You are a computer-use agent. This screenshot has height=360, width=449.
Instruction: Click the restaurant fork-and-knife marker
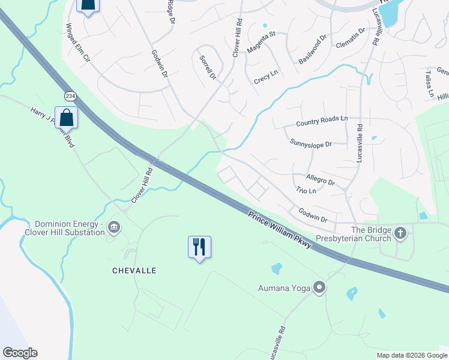click(199, 247)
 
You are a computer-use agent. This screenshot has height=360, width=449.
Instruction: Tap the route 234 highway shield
click(71, 96)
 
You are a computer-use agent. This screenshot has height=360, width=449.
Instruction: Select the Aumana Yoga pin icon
click(319, 288)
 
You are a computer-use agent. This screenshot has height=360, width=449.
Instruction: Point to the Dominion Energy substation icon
click(114, 227)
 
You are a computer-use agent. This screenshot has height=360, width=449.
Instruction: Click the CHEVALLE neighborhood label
click(134, 271)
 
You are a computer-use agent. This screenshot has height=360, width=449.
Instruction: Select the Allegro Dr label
click(320, 180)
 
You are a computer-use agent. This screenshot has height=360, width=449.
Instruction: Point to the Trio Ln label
click(306, 191)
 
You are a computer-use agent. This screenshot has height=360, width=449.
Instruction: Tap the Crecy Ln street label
click(266, 76)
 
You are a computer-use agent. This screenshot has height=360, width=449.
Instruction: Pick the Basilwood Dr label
click(312, 49)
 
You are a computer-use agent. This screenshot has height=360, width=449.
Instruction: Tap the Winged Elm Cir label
click(78, 44)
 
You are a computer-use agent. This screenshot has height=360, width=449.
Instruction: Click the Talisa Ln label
click(429, 83)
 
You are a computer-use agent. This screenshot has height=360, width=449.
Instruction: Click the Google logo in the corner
click(20, 353)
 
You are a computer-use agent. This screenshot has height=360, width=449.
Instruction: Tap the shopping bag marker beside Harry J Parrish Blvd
click(65, 118)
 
